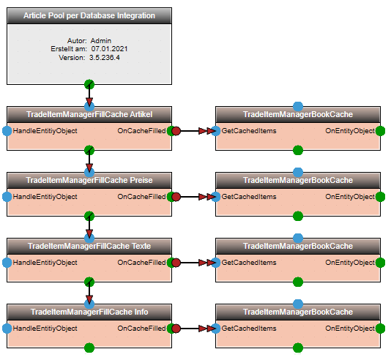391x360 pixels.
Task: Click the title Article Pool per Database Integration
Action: [x=89, y=15]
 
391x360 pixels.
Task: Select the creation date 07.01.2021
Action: [x=109, y=49]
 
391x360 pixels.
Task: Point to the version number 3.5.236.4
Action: [x=105, y=58]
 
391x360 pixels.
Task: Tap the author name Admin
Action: [x=101, y=40]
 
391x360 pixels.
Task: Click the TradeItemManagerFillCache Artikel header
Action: [x=89, y=114]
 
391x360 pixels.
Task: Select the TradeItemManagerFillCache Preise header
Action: [x=89, y=180]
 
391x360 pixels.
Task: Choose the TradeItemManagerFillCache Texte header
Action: [x=89, y=246]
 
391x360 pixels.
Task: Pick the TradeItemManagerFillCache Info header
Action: [x=89, y=312]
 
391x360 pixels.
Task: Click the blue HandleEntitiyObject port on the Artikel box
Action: [x=7, y=131]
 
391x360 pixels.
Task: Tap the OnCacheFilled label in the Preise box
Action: [x=141, y=197]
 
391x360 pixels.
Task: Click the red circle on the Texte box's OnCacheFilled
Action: [x=176, y=263]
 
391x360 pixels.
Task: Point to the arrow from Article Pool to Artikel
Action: [x=89, y=94]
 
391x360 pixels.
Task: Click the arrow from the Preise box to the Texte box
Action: [x=89, y=226]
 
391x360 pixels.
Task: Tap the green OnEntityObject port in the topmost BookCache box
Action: [x=380, y=131]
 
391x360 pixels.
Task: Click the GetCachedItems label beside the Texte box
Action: [x=249, y=263]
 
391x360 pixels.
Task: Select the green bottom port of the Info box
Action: [x=89, y=348]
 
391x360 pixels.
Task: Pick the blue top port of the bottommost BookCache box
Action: [x=298, y=304]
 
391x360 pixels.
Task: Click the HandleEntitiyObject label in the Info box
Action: [x=45, y=329]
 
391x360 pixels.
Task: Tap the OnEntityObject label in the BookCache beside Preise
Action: [x=350, y=197]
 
